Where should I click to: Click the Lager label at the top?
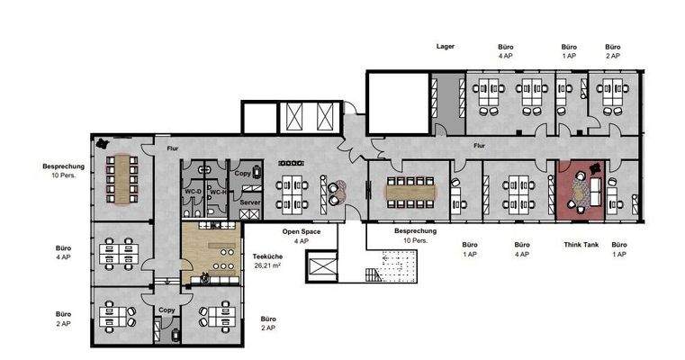(x=446, y=46)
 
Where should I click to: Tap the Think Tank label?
(x=581, y=245)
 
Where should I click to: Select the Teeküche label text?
(x=267, y=256)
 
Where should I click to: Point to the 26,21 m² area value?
(x=267, y=265)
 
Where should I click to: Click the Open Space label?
(x=301, y=231)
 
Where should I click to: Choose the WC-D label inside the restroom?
(x=194, y=192)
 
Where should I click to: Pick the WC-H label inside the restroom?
(x=218, y=193)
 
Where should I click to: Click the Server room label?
(x=250, y=202)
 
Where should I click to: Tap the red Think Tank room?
(x=581, y=191)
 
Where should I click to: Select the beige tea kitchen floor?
(x=212, y=253)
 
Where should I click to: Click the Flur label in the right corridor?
(x=479, y=146)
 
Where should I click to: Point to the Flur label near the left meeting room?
(x=173, y=148)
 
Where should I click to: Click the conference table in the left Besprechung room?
(x=122, y=179)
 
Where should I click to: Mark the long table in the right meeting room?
(x=410, y=193)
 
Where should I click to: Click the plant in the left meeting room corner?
(x=103, y=143)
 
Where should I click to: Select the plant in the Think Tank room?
(x=595, y=167)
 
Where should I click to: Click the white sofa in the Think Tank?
(x=595, y=192)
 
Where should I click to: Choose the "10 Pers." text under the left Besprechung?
(x=64, y=175)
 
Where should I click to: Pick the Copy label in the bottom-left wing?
(x=167, y=310)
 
